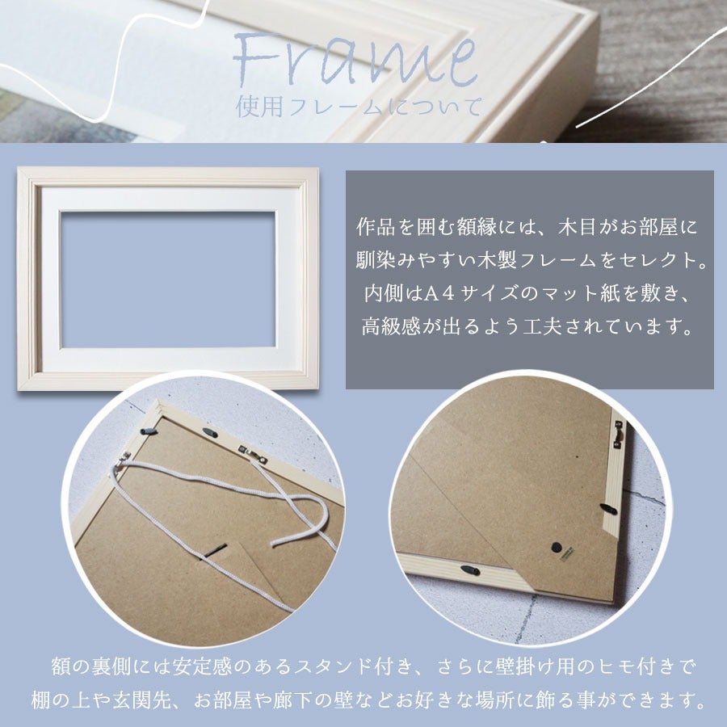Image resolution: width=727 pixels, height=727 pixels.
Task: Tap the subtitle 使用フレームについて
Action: (x=359, y=107)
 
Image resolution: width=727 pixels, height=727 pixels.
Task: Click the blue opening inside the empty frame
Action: (x=168, y=279)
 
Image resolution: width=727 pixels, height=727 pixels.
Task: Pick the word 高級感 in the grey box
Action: (x=391, y=327)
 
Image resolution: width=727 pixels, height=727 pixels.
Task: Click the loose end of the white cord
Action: (x=275, y=544)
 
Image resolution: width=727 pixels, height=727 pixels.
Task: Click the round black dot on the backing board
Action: (x=557, y=547)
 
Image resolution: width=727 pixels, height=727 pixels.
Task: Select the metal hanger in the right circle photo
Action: (x=618, y=435)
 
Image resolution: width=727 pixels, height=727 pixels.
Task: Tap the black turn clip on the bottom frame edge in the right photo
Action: (x=470, y=569)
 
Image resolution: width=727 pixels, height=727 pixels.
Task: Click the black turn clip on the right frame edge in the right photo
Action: (x=608, y=509)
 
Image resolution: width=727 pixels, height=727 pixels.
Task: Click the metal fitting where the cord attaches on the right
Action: (x=253, y=453)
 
